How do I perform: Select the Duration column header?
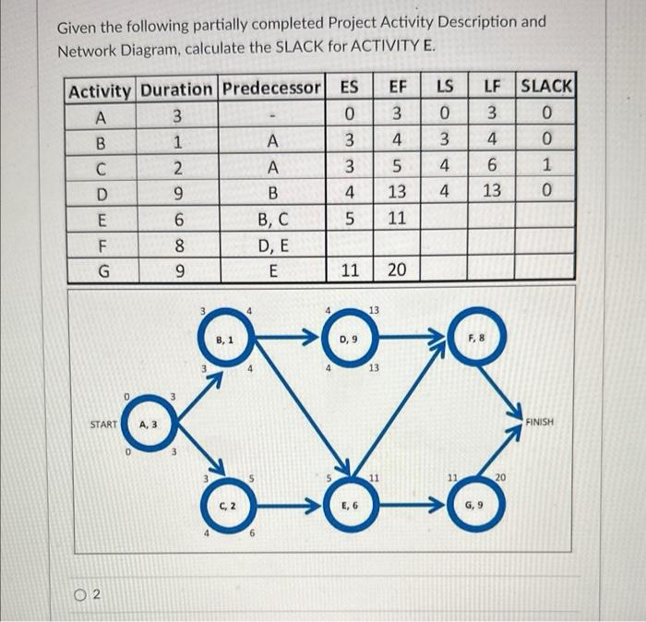[176, 90]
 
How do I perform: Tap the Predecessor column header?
[271, 90]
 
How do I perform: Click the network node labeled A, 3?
[148, 425]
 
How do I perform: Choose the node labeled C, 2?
[225, 506]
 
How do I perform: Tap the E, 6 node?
[349, 506]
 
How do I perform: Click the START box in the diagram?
[103, 425]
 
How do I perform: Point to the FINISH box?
[539, 422]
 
